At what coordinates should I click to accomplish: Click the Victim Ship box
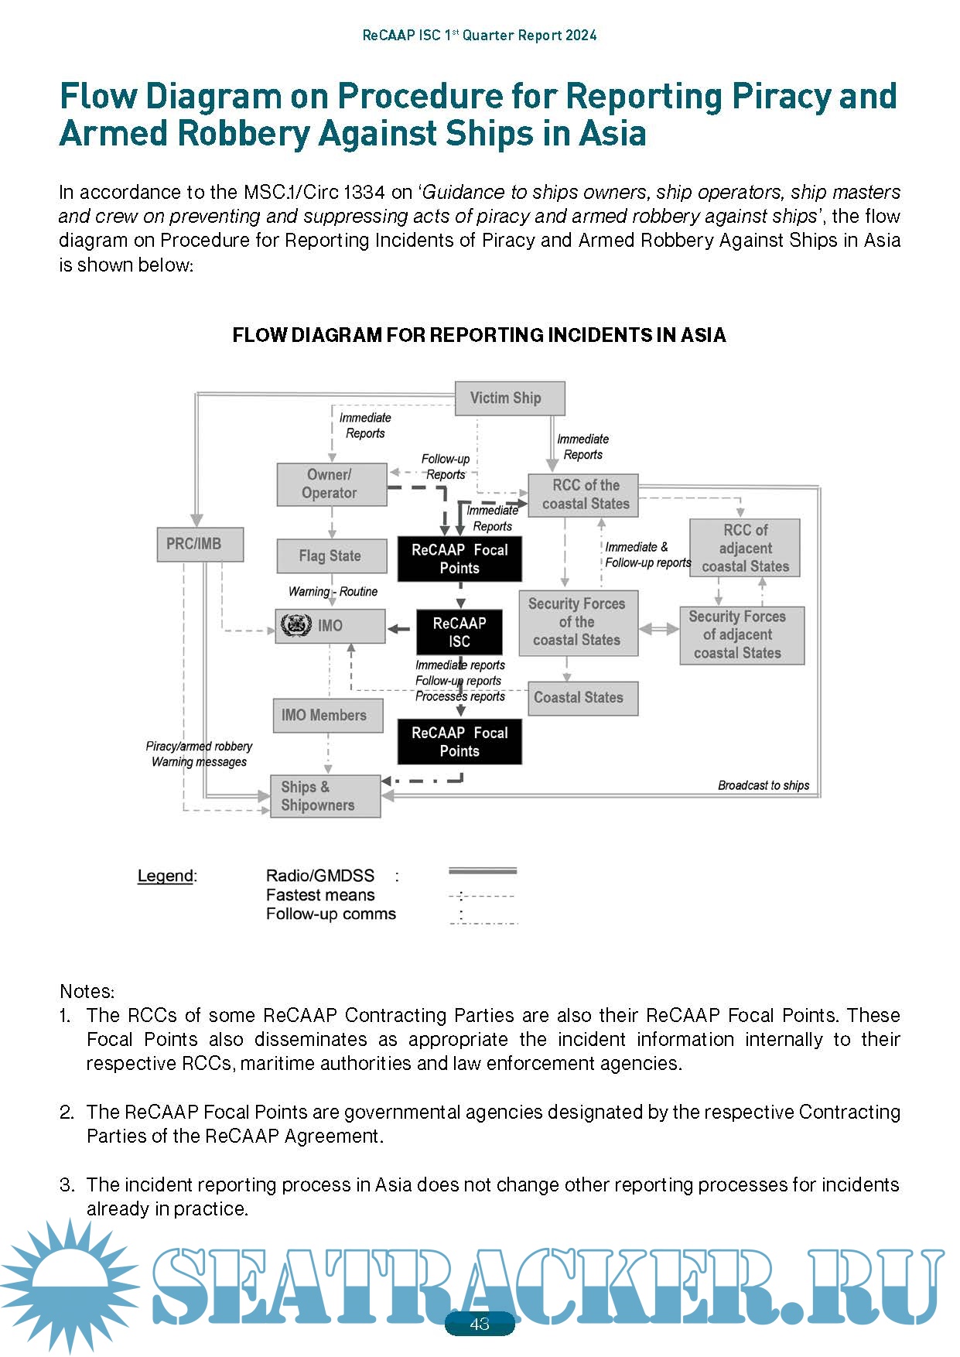tap(509, 398)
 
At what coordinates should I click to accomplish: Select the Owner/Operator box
tap(331, 484)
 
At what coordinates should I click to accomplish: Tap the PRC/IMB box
tap(200, 544)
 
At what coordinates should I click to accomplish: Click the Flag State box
tap(331, 555)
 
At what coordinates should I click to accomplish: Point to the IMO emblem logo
tap(296, 625)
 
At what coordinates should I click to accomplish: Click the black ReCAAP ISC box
tap(460, 632)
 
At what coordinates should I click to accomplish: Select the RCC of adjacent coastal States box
tap(744, 548)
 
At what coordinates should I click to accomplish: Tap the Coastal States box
tap(582, 698)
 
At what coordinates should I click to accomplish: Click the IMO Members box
tap(327, 716)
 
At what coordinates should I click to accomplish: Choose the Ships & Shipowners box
tap(325, 796)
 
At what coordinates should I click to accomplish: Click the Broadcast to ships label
tap(763, 785)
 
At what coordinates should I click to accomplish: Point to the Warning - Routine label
tap(333, 592)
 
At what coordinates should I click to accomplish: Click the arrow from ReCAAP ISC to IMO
tap(399, 629)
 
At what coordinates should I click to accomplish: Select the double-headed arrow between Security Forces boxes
tap(659, 629)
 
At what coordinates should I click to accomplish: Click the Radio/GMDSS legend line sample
tap(482, 872)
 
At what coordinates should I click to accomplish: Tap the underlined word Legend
tap(165, 876)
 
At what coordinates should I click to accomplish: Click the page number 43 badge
tap(480, 1324)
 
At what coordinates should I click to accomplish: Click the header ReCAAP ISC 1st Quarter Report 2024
tap(480, 36)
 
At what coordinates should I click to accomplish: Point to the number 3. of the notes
tap(67, 1184)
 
